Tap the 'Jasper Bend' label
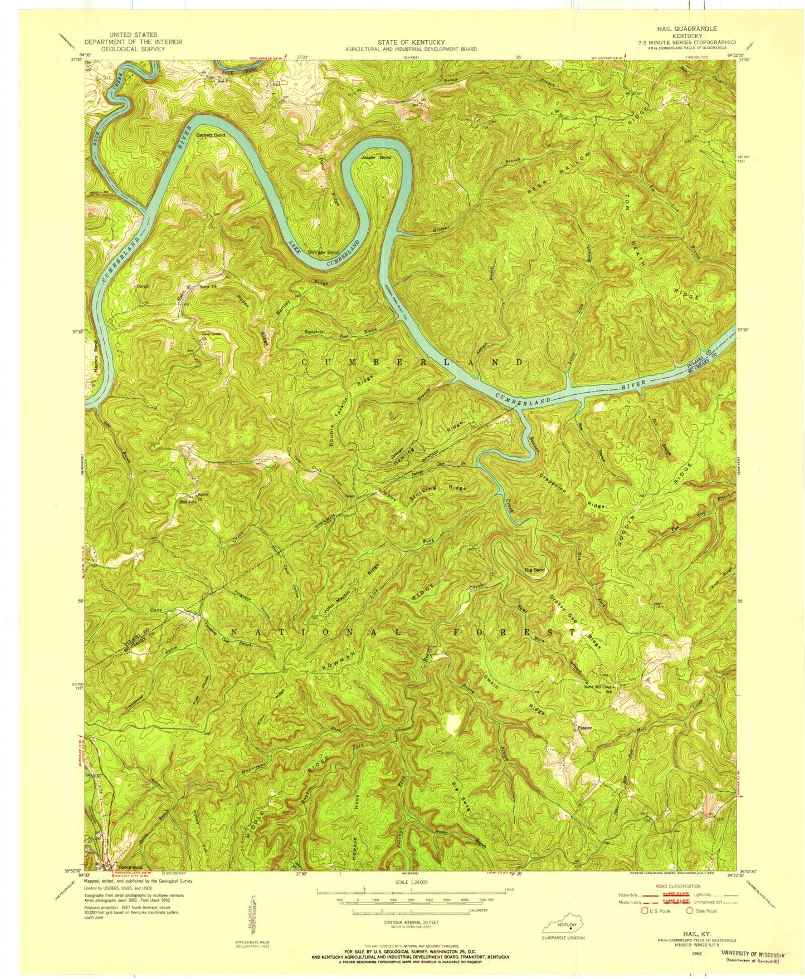coord(376,158)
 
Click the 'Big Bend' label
coord(535,570)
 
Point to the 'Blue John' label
coord(188,502)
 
